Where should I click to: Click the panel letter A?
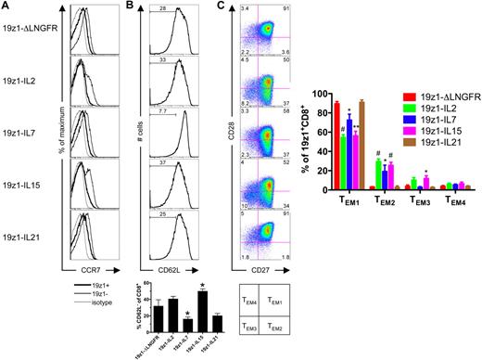pyautogui.click(x=6, y=6)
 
